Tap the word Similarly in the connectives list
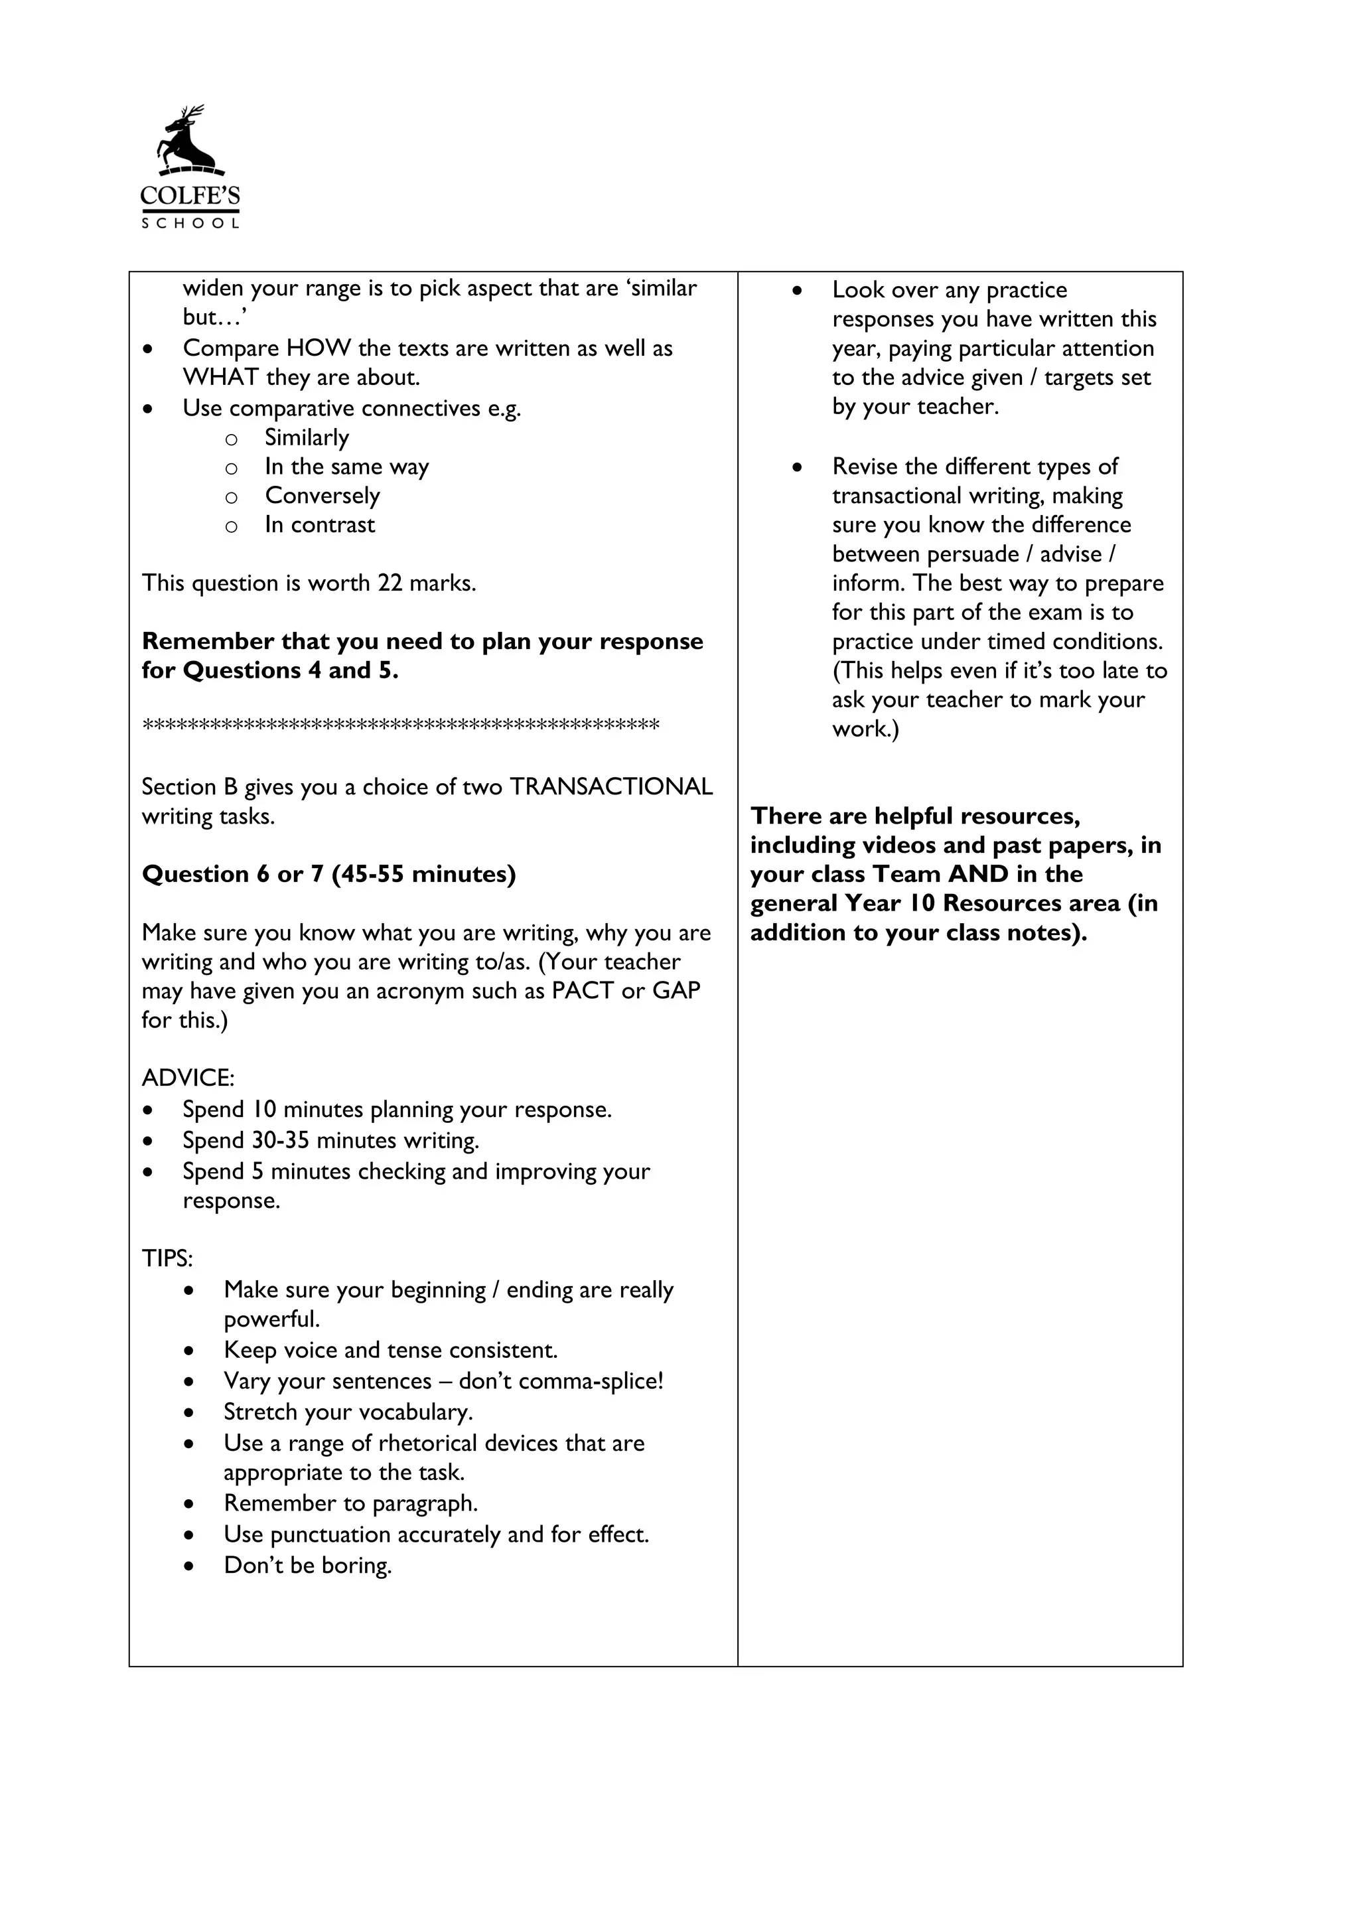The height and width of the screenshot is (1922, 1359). [307, 438]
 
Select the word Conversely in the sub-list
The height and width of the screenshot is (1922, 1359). [322, 496]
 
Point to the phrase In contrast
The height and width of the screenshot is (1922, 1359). [320, 525]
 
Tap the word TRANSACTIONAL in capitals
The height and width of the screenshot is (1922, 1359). [611, 787]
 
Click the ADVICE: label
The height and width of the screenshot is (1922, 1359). [188, 1078]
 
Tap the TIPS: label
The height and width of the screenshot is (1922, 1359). [167, 1259]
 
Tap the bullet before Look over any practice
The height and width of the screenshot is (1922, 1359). [798, 291]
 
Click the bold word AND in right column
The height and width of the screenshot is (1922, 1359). [977, 874]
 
